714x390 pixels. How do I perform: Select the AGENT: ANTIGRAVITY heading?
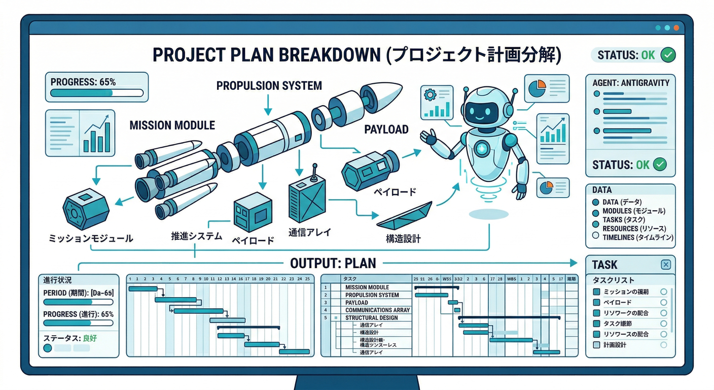tap(630, 83)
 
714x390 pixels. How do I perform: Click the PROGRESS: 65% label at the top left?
tap(76, 81)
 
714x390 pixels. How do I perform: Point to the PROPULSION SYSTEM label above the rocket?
tap(269, 85)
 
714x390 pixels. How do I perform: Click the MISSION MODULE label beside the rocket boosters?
tap(172, 125)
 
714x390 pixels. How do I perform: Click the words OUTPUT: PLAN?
tap(333, 263)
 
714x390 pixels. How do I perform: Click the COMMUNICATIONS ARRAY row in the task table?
tap(377, 310)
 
